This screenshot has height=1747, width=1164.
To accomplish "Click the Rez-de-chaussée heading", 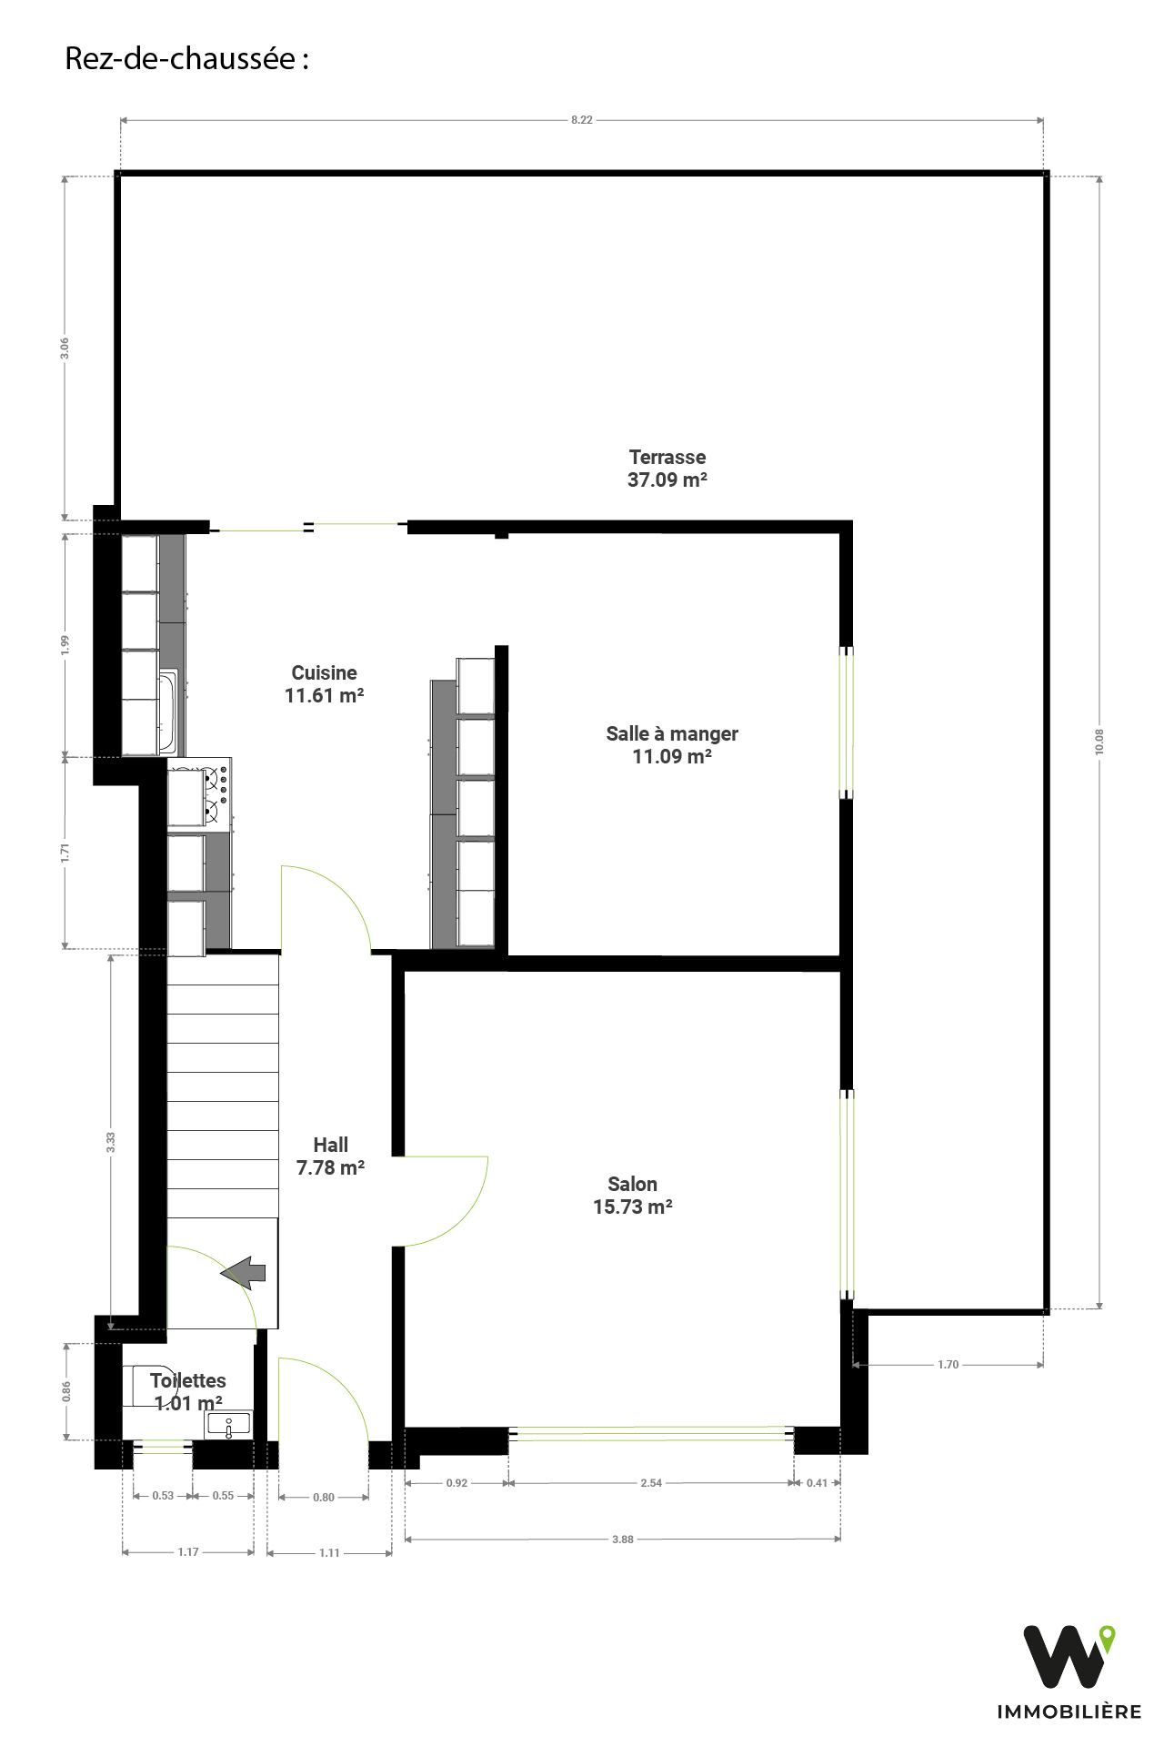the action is click(x=186, y=59).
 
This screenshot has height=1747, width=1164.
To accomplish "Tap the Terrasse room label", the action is click(x=667, y=469).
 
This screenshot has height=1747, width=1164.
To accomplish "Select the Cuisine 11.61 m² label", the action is click(x=325, y=684).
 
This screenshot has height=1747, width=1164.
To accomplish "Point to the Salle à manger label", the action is click(x=672, y=745).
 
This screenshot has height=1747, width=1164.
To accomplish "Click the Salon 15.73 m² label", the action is click(x=633, y=1196).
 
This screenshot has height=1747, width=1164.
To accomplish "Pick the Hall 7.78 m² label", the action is click(x=331, y=1156).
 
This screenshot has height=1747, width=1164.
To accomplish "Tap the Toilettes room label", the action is click(x=188, y=1392).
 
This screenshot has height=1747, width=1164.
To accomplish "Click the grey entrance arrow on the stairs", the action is click(x=243, y=1273).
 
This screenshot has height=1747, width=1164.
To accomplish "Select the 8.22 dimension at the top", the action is click(x=582, y=120).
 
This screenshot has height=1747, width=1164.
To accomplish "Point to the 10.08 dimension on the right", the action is click(x=1099, y=742).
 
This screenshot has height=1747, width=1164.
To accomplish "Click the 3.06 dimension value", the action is click(x=65, y=348).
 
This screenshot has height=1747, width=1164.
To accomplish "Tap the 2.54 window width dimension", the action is click(x=651, y=1483).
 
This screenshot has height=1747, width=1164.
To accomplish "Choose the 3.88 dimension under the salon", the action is click(x=623, y=1540).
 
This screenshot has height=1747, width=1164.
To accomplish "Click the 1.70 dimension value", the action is click(x=948, y=1365).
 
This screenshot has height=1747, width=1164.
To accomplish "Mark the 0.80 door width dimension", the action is click(x=324, y=1498).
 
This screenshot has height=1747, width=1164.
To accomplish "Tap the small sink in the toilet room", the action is click(x=228, y=1425).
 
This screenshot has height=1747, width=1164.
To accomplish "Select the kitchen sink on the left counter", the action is click(x=168, y=712).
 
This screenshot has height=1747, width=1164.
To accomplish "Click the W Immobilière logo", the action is click(x=1069, y=1672).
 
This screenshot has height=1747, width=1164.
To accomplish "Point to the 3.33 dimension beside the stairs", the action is click(x=111, y=1142).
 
